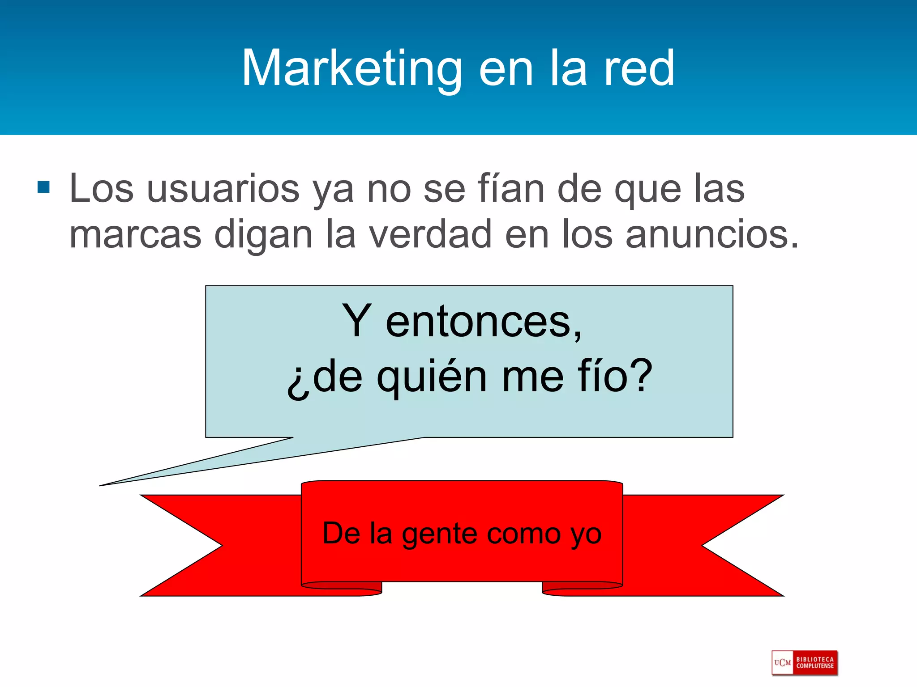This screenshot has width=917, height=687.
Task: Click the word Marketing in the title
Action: [x=352, y=69]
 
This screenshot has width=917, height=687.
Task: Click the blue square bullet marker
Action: [x=43, y=187]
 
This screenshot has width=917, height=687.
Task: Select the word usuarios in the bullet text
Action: [x=223, y=189]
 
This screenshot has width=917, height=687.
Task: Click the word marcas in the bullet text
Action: [x=135, y=234]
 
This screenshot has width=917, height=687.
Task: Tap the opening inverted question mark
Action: [x=298, y=383]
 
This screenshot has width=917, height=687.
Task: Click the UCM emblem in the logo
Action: [x=782, y=662]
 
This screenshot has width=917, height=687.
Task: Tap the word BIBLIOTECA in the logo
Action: [x=815, y=659]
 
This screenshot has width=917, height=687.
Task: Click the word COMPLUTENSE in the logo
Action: [x=815, y=666]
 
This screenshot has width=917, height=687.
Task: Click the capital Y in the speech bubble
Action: [x=356, y=320]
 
